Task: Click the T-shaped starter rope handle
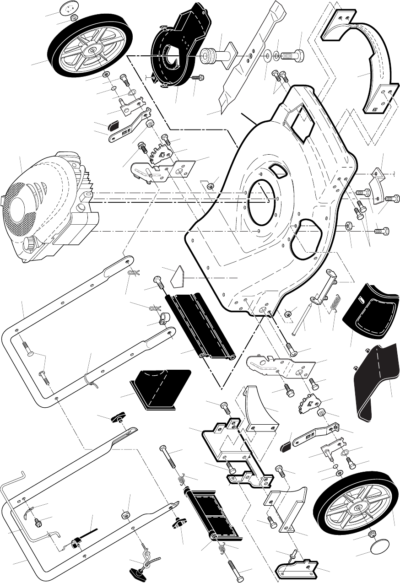(137, 570)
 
